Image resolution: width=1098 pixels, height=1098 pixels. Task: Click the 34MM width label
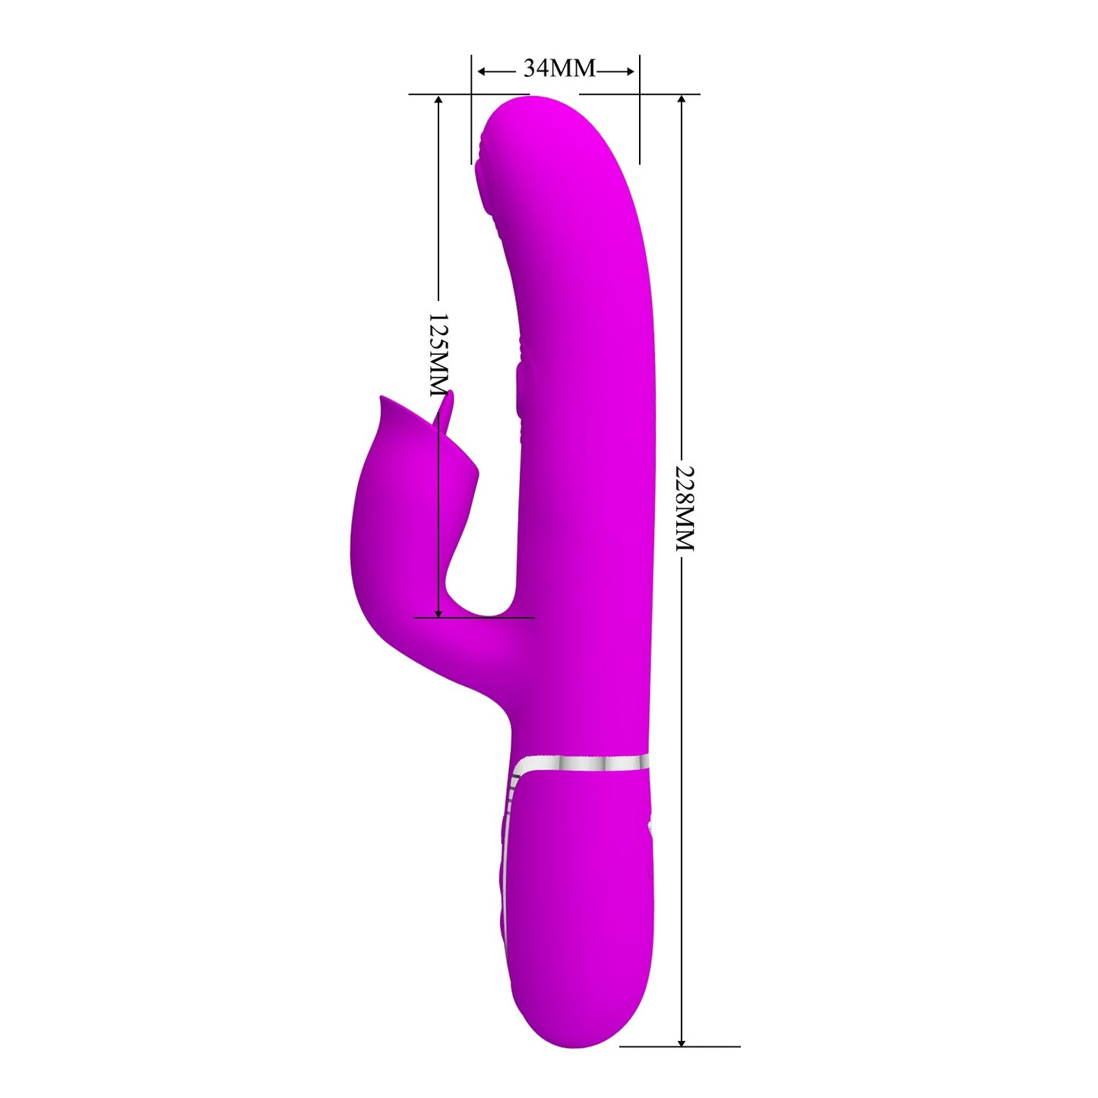(559, 68)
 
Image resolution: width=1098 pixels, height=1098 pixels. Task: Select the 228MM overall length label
(684, 508)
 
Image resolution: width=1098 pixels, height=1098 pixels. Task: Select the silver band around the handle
(581, 764)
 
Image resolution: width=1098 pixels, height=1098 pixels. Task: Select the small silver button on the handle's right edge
(649, 826)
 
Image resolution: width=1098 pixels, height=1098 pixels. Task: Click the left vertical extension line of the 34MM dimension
(471, 114)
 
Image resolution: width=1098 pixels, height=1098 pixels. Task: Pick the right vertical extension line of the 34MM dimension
(640, 114)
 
